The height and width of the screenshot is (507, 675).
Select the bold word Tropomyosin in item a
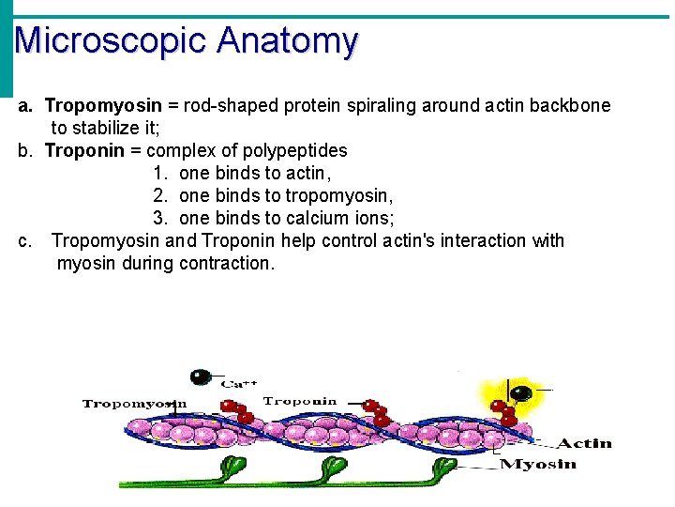[x=103, y=105]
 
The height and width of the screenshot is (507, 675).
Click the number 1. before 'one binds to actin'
[x=160, y=173]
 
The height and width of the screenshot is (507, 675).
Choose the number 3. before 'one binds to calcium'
[x=160, y=218]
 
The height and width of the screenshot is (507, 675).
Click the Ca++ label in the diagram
[x=234, y=383]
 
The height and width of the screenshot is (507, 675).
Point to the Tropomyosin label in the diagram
[x=134, y=404]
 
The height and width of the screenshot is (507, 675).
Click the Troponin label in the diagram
[x=300, y=401]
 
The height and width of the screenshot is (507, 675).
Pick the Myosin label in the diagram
[x=538, y=464]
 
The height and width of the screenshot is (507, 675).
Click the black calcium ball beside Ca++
[x=200, y=377]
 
